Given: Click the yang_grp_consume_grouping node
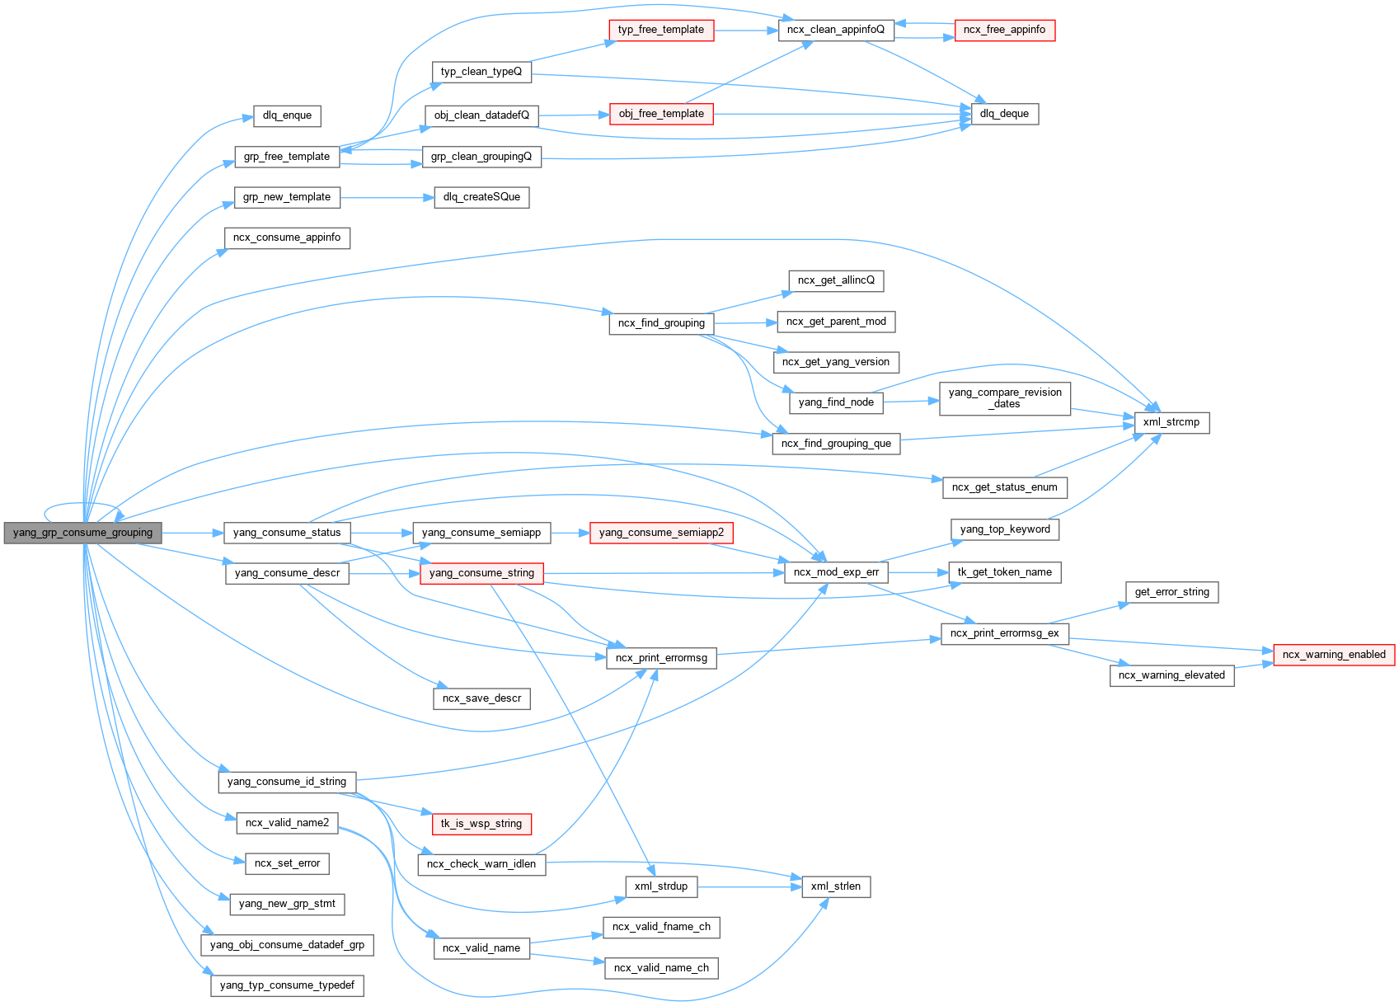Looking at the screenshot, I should click(82, 533).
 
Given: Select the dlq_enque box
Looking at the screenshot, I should click(287, 115).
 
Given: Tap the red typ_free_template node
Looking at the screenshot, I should click(661, 30).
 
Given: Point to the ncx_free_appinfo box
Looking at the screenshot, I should click(1004, 30).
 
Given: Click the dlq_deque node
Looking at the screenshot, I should click(1004, 114).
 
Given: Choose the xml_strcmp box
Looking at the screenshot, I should click(1171, 422).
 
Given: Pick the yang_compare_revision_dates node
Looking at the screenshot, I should click(1005, 398).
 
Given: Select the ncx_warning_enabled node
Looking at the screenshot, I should click(1334, 655).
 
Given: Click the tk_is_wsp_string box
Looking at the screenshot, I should click(481, 824).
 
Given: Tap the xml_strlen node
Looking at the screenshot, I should click(835, 886).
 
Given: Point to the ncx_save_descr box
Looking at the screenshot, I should click(481, 698).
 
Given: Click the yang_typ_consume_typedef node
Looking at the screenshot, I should click(287, 985).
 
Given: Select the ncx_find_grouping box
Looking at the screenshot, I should click(661, 323).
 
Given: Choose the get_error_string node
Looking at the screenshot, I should click(1171, 592).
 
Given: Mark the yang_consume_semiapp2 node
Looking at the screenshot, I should click(661, 533).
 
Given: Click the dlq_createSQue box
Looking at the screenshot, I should click(481, 198).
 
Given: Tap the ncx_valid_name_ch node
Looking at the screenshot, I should click(661, 968).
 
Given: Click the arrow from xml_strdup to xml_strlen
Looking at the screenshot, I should click(750, 887).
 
